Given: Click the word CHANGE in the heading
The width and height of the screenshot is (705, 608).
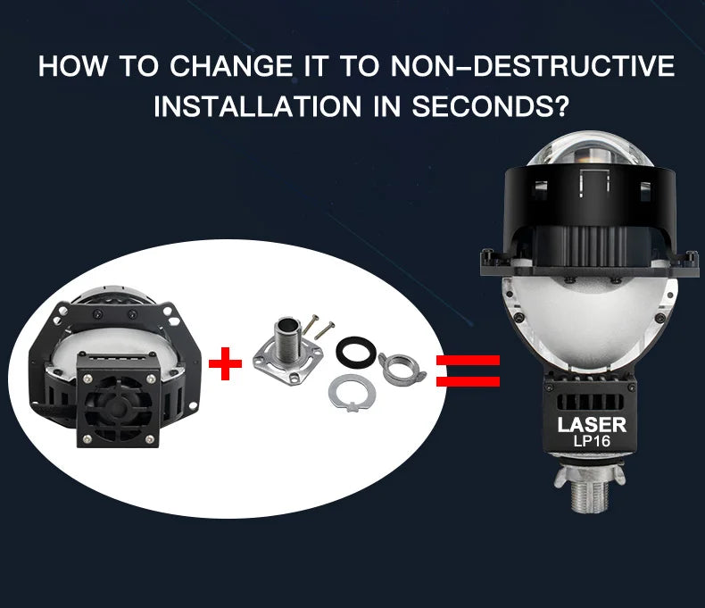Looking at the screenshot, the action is pos(230,66).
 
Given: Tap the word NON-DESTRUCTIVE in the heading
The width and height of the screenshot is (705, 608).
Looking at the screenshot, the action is pos(533,66).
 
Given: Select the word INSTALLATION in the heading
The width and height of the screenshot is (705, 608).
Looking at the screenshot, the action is pos(258,106).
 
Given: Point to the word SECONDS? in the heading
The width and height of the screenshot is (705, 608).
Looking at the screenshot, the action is pos(490,106).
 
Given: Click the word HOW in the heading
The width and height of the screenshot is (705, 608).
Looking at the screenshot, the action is pos(73,66).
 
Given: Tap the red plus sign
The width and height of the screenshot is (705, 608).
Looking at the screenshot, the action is pos(225,363).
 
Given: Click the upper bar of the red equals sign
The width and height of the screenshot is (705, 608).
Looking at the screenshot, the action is pos(468,360).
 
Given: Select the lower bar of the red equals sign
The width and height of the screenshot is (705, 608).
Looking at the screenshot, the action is pos(468,381).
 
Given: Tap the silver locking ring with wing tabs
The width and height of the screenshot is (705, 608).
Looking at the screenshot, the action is pos(402,368).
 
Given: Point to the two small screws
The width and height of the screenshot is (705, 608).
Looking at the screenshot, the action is pos(318,326).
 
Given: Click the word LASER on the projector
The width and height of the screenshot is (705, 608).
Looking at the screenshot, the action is pos(592,425).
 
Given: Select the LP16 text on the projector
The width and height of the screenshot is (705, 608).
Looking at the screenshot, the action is pos(592,442).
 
